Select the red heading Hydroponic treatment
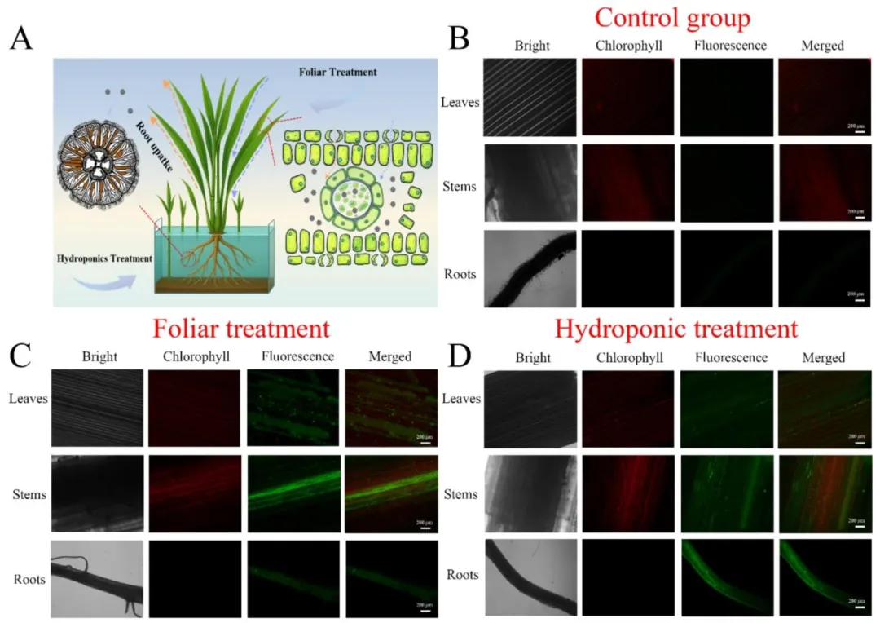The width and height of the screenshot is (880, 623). click(x=675, y=329)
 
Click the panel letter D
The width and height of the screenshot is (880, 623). click(x=461, y=356)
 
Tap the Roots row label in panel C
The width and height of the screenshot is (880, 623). click(x=29, y=580)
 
